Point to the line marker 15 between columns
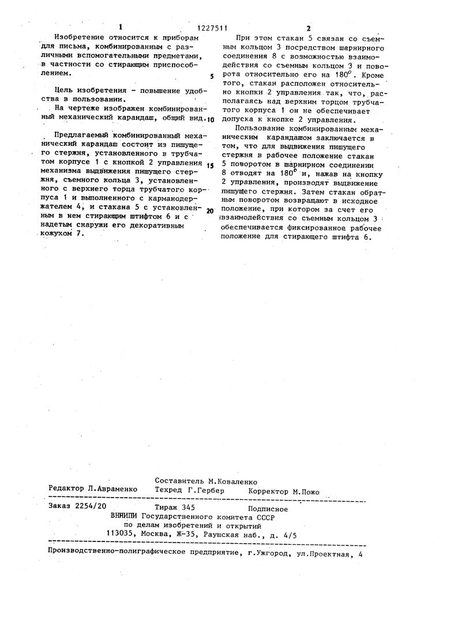[211, 165]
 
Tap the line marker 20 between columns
[210, 210]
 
